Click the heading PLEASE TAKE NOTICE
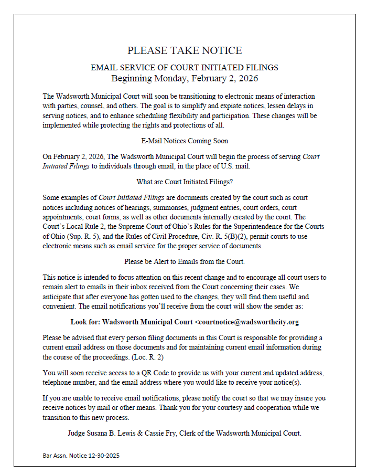click(185, 51)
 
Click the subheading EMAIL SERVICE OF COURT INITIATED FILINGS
click(185, 68)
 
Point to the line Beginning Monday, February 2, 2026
click(185, 79)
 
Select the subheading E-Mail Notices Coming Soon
click(185, 141)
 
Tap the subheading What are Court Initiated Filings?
click(185, 182)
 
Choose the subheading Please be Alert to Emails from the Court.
click(185, 261)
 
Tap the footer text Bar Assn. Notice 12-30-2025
click(81, 456)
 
